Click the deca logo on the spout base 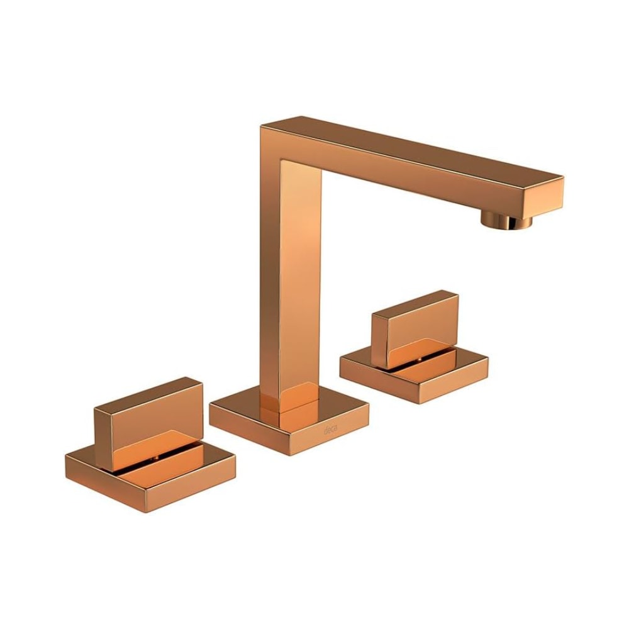330,431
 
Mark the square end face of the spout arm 545,194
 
